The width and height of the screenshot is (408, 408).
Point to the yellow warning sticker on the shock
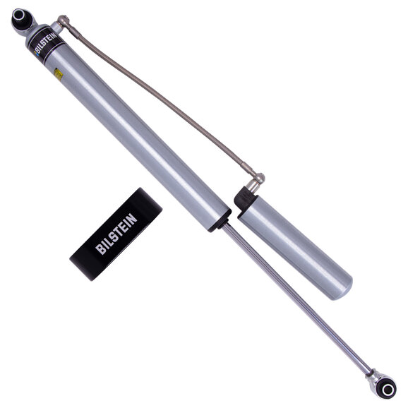(x=59, y=73)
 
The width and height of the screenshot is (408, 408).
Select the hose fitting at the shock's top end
(x=64, y=22)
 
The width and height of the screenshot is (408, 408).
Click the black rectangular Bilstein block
(x=116, y=233)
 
